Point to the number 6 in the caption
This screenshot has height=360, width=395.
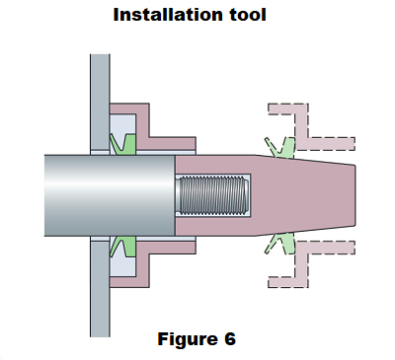pos(229,339)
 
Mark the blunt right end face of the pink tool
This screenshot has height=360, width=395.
pos(353,194)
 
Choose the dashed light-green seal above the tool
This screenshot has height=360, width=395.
pos(279,145)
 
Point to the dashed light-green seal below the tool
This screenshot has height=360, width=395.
pos(279,244)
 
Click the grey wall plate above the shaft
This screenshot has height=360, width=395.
pos(98,99)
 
